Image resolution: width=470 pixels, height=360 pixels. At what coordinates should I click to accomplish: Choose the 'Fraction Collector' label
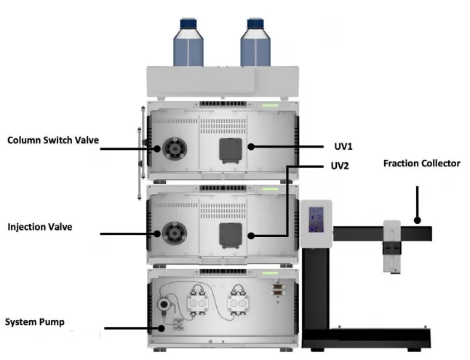pos(421,163)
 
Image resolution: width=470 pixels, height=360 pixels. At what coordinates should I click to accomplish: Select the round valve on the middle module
pos(172,234)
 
